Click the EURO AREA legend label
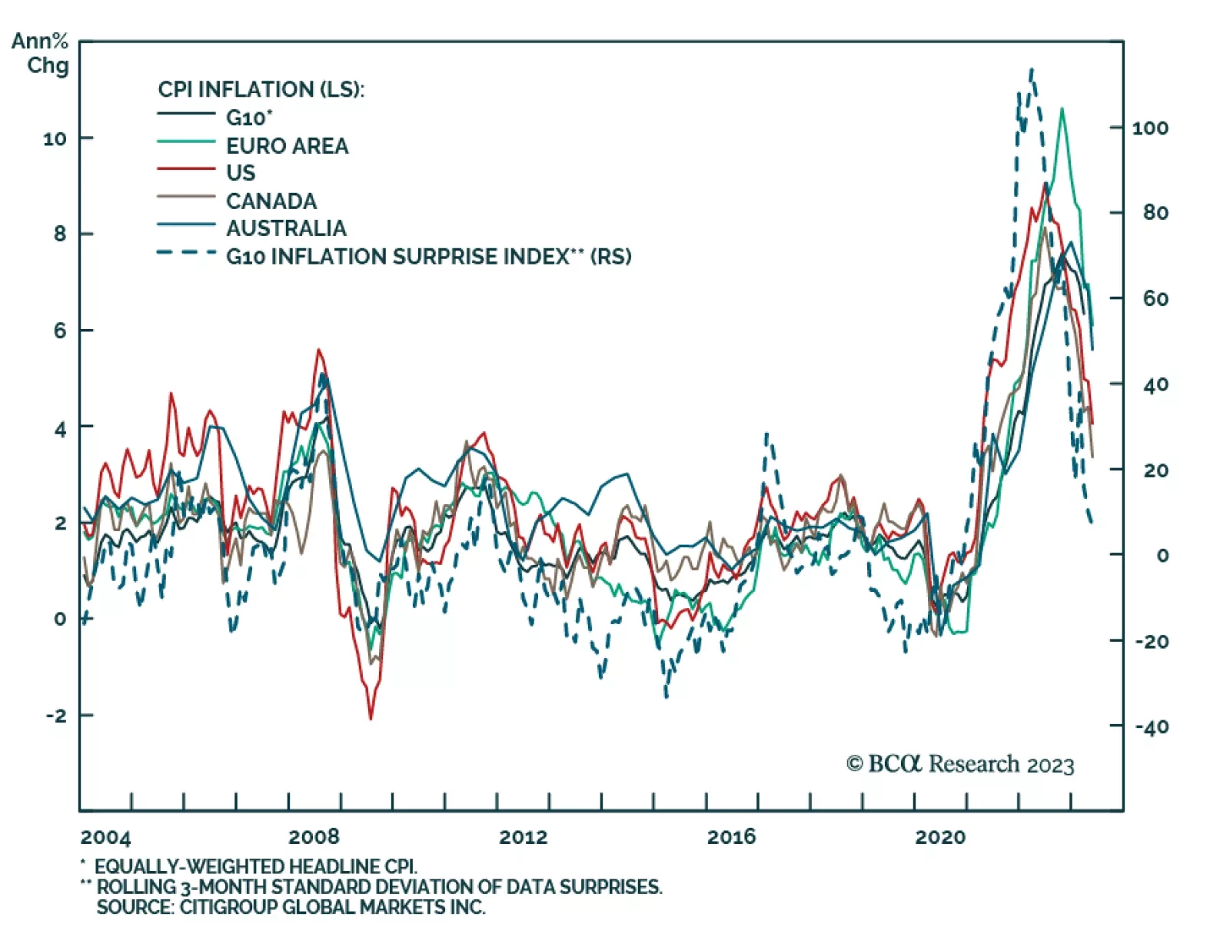[287, 145]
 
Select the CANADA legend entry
[271, 201]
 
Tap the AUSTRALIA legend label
[286, 228]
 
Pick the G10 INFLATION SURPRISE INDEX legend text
[428, 256]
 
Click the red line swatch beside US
[186, 168]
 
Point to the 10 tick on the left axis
[55, 139]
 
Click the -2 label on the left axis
[56, 716]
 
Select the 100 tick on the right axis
[1150, 128]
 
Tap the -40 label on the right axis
[1152, 726]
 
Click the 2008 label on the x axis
[314, 836]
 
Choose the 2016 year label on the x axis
[731, 836]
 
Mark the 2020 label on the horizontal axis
[939, 836]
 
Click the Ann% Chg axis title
[41, 53]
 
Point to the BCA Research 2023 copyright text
[960, 764]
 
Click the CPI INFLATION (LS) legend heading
[261, 89]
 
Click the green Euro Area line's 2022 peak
[1062, 108]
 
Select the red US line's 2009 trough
[371, 718]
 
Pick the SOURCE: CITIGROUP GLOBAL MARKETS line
[291, 907]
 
